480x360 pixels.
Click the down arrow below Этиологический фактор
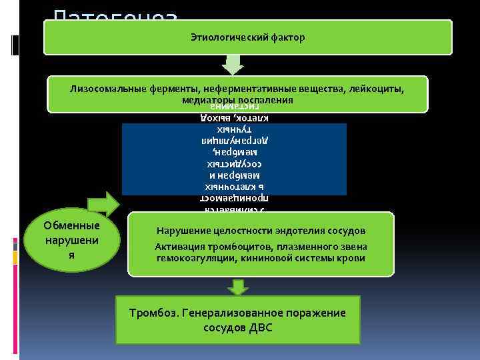point(233,65)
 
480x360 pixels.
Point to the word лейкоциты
point(381,89)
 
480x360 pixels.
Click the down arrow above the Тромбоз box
point(237,287)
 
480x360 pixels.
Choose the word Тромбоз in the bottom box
point(151,313)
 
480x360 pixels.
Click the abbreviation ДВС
point(262,328)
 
